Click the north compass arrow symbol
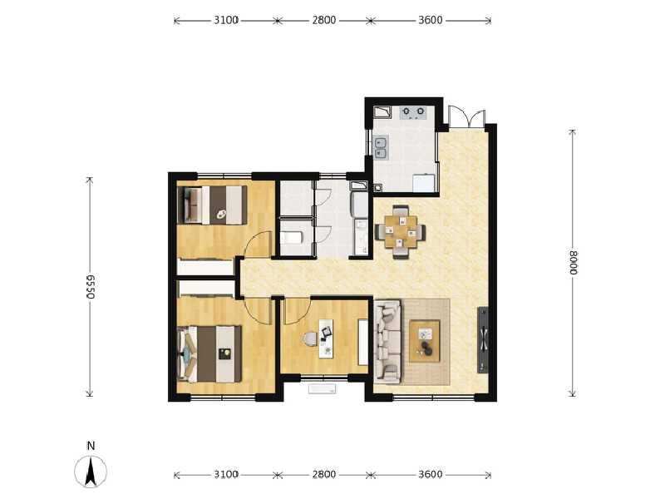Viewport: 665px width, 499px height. [x=91, y=472]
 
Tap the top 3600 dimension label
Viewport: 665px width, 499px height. [x=429, y=20]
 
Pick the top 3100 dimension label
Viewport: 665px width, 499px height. [x=225, y=20]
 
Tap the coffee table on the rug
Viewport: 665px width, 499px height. [x=426, y=339]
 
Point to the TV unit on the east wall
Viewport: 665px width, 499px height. [x=483, y=339]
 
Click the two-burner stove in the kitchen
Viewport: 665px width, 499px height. [x=413, y=112]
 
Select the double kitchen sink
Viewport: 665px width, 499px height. [x=382, y=147]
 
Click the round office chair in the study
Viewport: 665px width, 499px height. [x=310, y=339]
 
